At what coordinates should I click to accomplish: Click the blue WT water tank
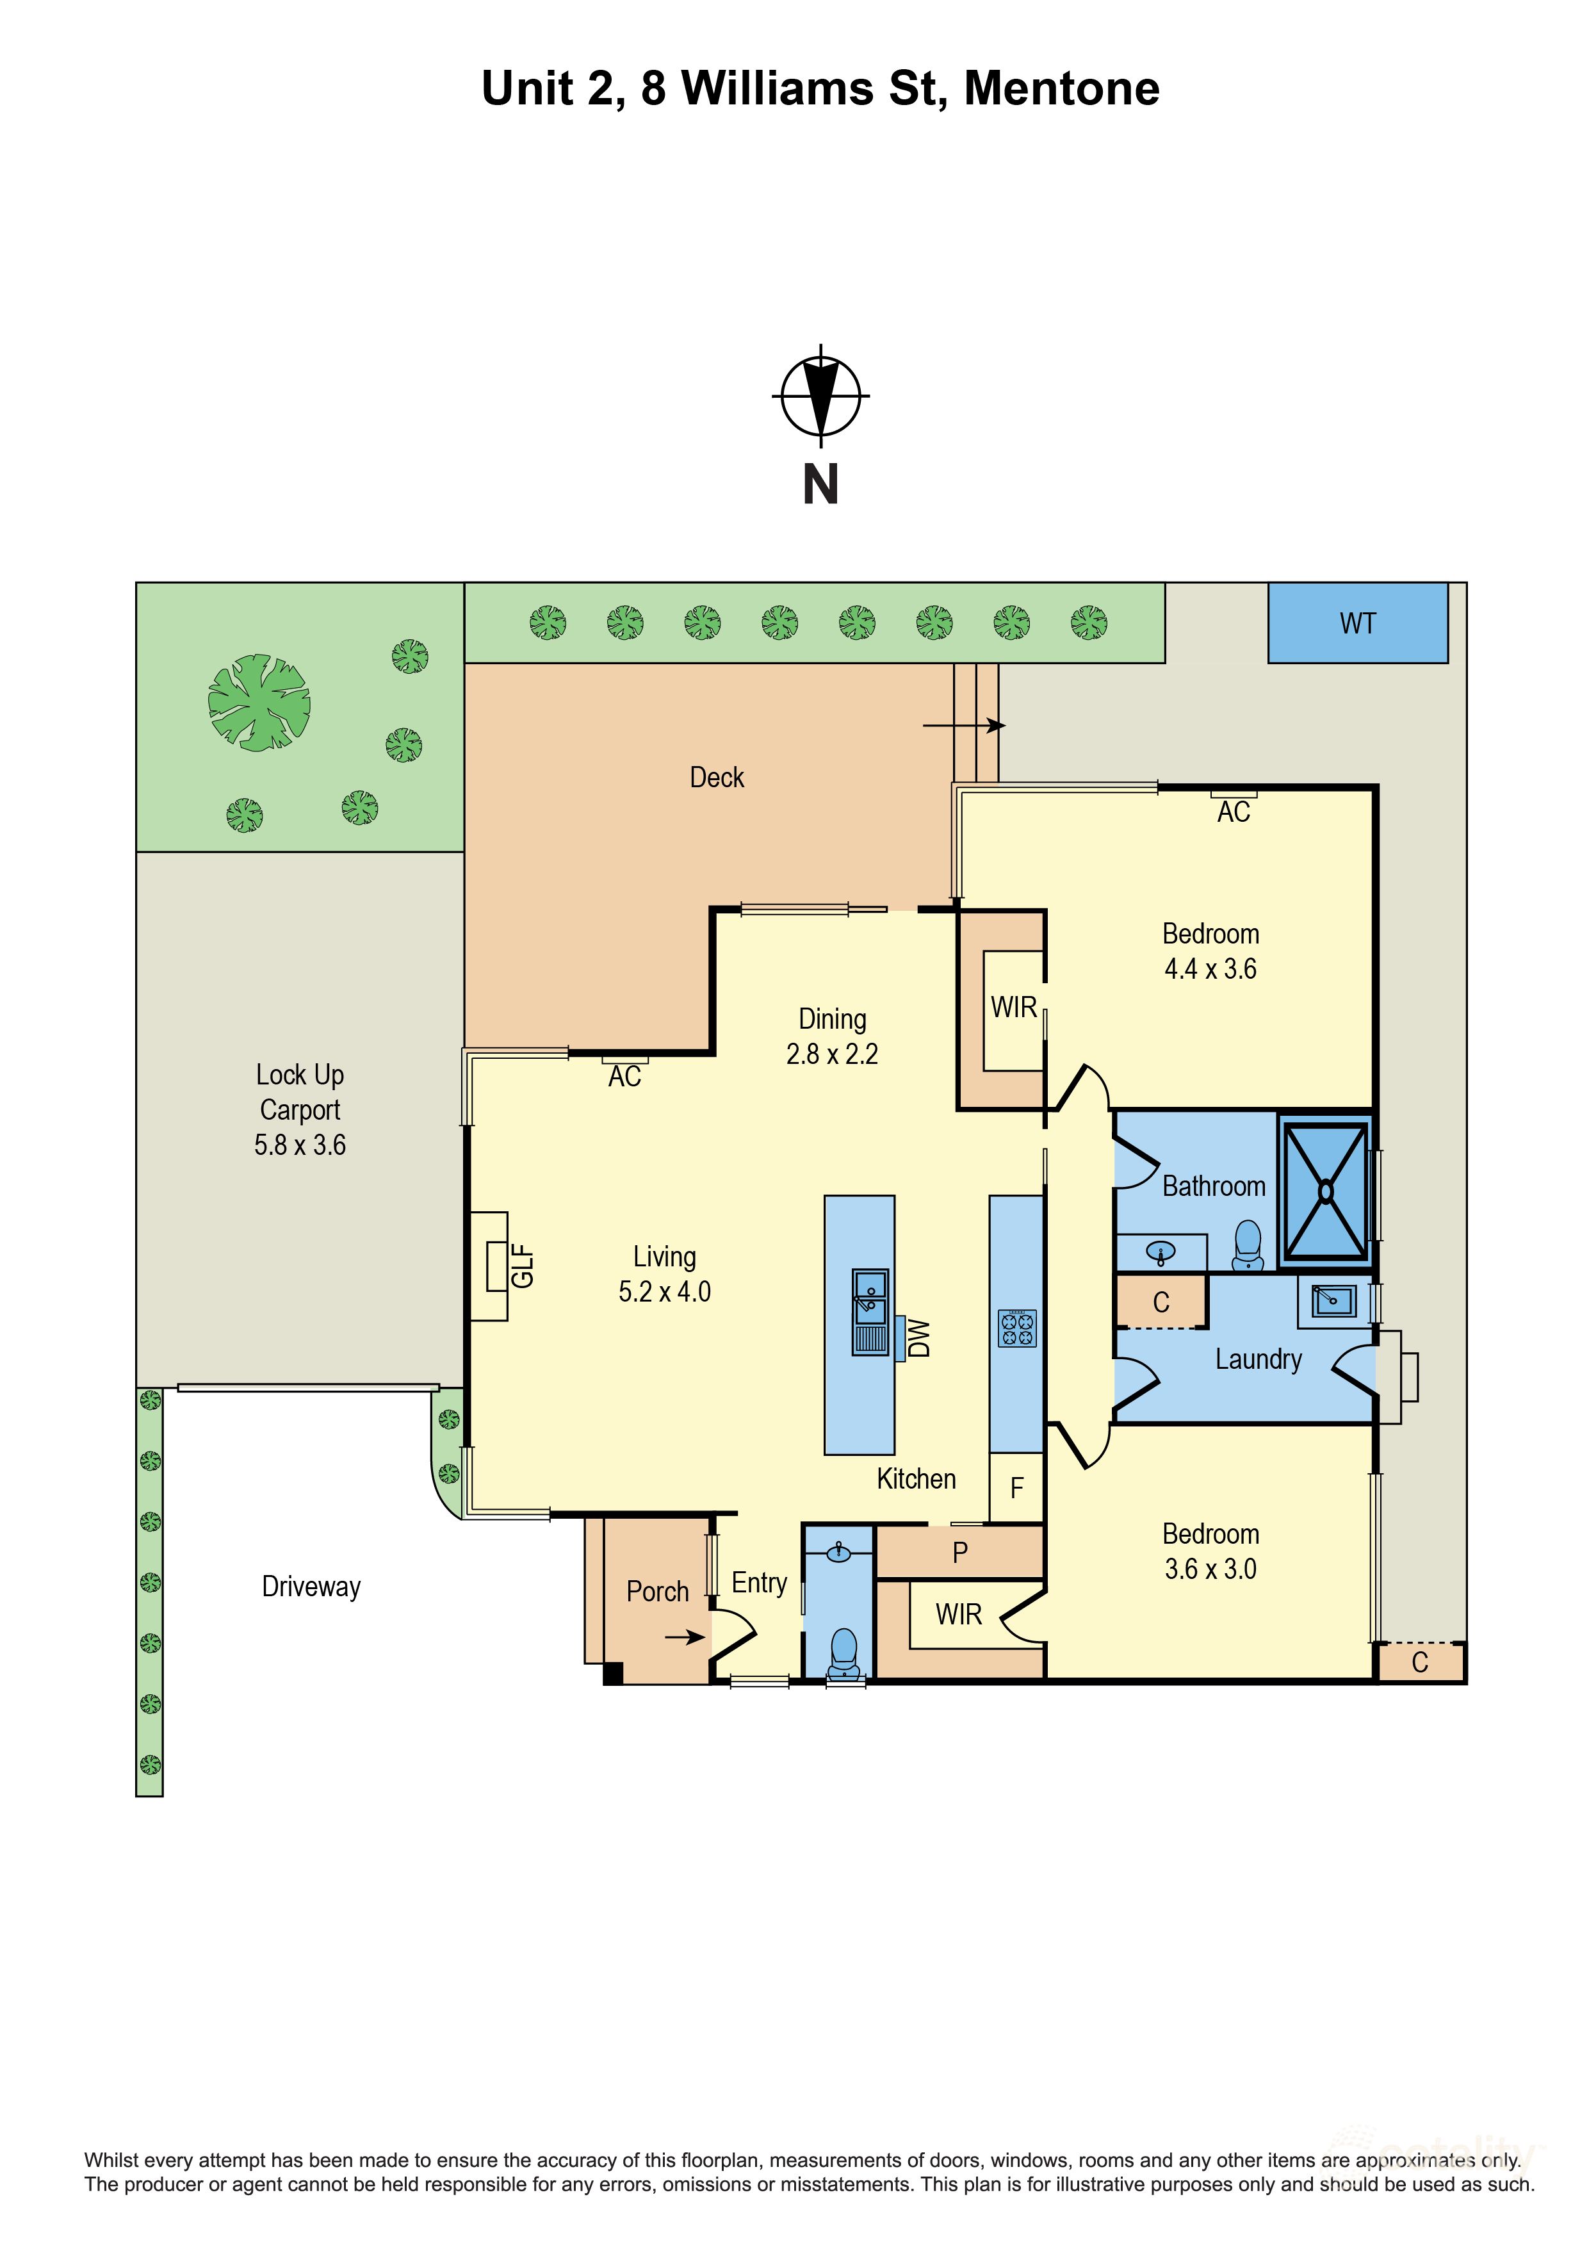click(x=1357, y=623)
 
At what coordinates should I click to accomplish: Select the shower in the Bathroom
click(x=1325, y=1191)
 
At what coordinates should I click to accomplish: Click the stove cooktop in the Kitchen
click(x=1016, y=1328)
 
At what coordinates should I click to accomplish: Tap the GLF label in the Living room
click(x=523, y=1266)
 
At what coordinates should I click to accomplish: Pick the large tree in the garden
click(x=259, y=703)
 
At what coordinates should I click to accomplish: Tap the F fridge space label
click(x=1016, y=1489)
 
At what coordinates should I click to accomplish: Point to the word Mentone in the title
click(x=1062, y=89)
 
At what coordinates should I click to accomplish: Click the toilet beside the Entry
click(x=843, y=1653)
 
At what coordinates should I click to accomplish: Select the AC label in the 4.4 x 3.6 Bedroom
click(x=1233, y=812)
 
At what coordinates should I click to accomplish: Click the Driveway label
click(x=311, y=1587)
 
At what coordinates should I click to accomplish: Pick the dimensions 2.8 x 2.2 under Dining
click(x=832, y=1054)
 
